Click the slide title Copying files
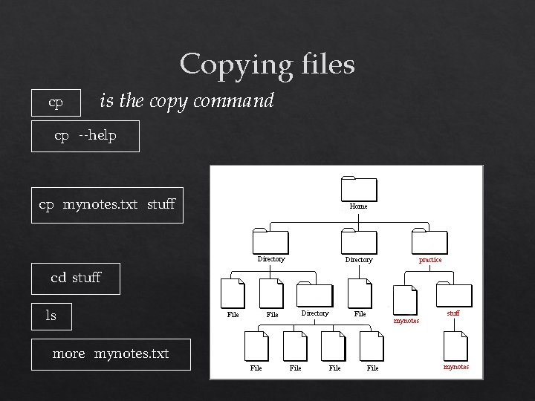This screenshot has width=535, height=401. click(x=267, y=64)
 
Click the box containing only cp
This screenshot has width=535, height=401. click(x=56, y=102)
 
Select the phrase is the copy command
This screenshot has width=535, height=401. click(x=187, y=100)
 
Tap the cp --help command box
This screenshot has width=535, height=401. click(x=85, y=136)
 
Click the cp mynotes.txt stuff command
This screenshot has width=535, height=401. click(x=108, y=204)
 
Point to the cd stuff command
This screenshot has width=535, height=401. click(x=76, y=278)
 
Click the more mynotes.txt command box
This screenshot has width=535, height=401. click(x=111, y=354)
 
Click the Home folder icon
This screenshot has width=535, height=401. click(x=358, y=189)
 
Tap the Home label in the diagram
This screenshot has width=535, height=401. click(x=358, y=206)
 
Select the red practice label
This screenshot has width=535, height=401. click(x=430, y=260)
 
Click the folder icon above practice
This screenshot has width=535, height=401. click(x=429, y=243)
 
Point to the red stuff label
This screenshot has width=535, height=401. click(x=453, y=313)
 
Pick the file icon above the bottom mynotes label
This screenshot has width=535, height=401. click(x=455, y=347)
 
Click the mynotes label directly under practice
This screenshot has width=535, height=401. click(x=406, y=321)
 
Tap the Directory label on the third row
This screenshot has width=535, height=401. click(x=314, y=313)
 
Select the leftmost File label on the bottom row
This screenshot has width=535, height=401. click(x=256, y=368)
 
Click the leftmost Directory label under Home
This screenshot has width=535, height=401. click(x=270, y=259)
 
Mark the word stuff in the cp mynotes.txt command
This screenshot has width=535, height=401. click(x=161, y=204)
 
